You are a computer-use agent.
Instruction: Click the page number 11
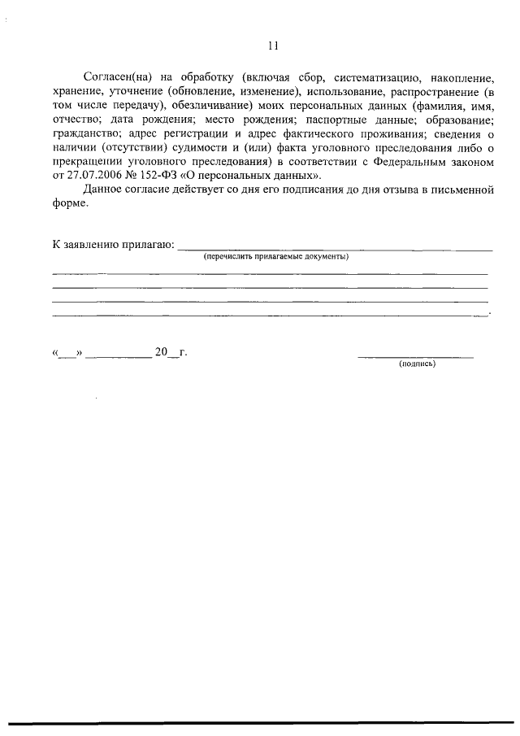tap(272, 46)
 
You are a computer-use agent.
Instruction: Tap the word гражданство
tap(86, 135)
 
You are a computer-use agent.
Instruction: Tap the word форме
tap(69, 204)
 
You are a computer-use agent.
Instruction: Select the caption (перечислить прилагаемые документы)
tap(276, 256)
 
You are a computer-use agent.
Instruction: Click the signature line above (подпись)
tap(415, 355)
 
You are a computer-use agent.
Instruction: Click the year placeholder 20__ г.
tap(171, 352)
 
